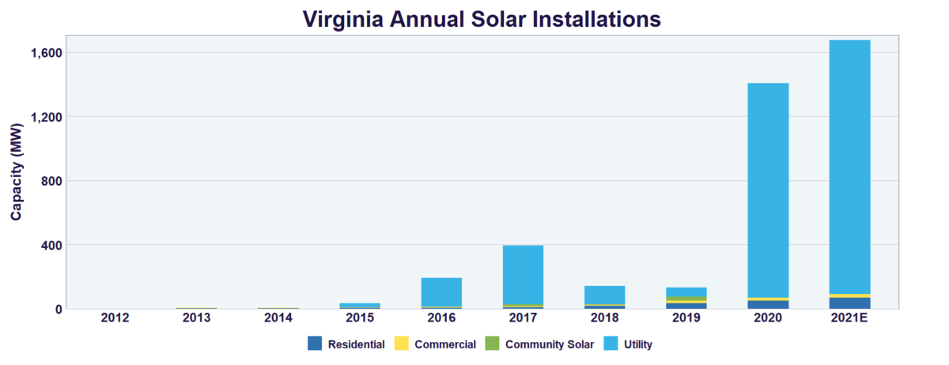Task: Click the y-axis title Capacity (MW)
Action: tap(17, 172)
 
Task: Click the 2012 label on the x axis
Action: tap(115, 318)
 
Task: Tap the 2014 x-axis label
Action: tap(278, 318)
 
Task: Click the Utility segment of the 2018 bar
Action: tap(604, 295)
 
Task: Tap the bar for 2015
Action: tap(360, 305)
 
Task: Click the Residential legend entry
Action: tap(347, 344)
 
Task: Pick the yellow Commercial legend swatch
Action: tap(401, 344)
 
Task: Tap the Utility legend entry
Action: tap(630, 344)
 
